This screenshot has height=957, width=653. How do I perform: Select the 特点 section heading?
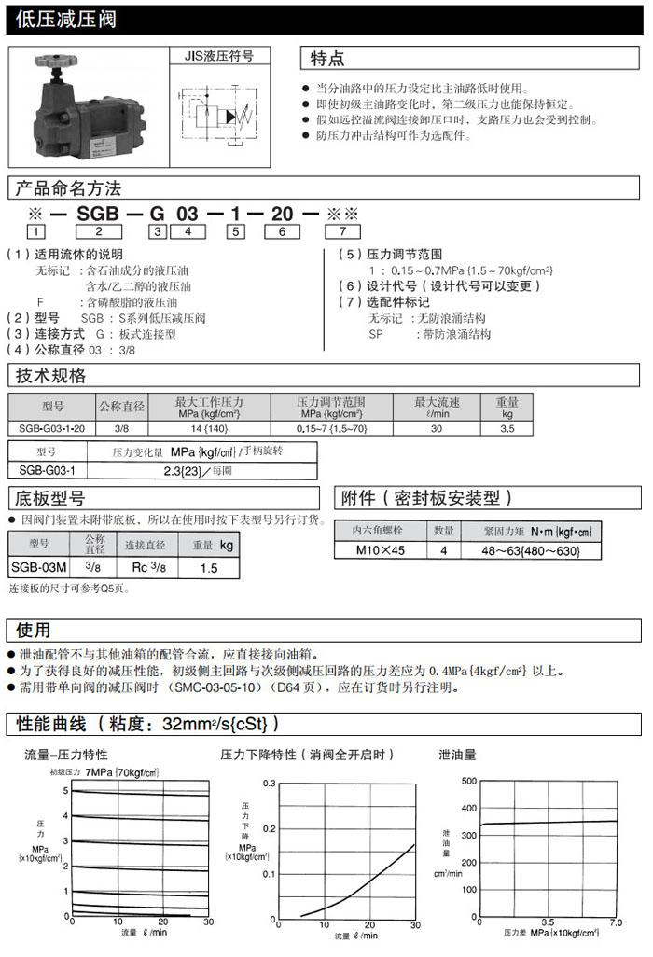click(327, 59)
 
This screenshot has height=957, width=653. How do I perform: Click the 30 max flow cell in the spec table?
click(437, 428)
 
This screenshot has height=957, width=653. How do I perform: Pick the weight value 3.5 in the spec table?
click(507, 428)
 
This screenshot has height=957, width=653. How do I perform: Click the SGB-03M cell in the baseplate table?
click(39, 567)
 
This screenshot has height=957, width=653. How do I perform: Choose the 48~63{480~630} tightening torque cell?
click(532, 550)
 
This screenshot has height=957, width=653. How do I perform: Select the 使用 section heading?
click(33, 631)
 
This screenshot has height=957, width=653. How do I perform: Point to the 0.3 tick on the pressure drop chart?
click(270, 784)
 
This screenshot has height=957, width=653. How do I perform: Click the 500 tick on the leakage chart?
click(468, 780)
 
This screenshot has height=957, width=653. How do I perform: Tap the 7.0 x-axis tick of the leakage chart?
click(615, 923)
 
